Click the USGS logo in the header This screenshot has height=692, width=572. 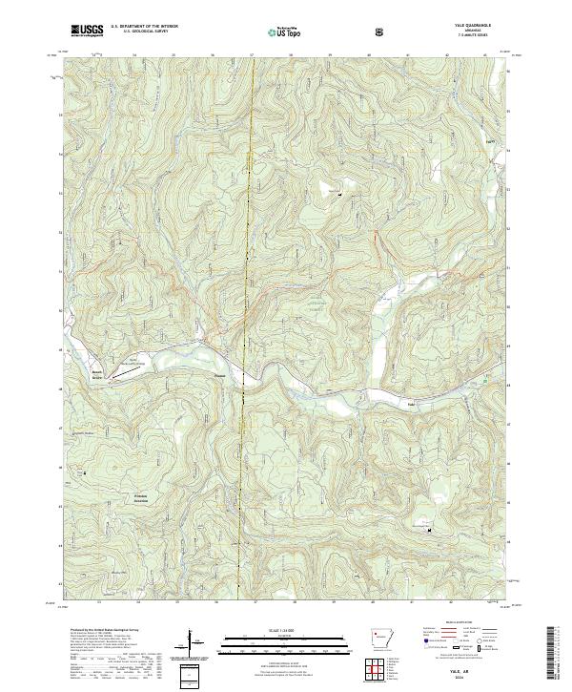tap(87, 31)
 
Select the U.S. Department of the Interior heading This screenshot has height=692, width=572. tap(144, 26)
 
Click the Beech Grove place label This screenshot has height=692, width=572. tap(96, 374)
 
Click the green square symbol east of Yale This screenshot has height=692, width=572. tap(483, 379)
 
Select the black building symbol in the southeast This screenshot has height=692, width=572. tap(428, 527)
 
